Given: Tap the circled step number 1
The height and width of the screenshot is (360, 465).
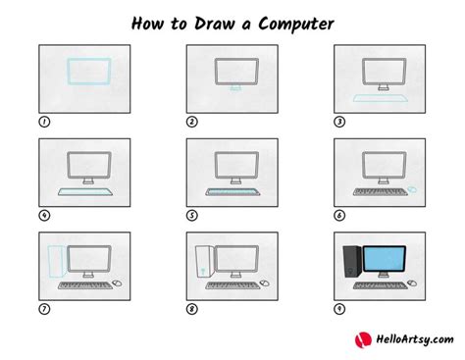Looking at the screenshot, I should [43, 123].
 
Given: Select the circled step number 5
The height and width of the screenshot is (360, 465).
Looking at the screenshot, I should [192, 215].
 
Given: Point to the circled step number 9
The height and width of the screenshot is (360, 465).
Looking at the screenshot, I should [340, 308].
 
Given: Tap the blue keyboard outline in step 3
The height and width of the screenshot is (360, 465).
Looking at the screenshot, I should [383, 98].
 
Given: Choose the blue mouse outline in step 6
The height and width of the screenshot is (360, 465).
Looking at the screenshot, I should [413, 189].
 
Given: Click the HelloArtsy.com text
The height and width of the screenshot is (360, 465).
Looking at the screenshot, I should [409, 339].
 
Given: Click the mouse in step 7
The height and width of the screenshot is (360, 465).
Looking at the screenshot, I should [117, 283].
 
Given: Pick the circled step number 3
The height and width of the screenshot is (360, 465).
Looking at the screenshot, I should [340, 123].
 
